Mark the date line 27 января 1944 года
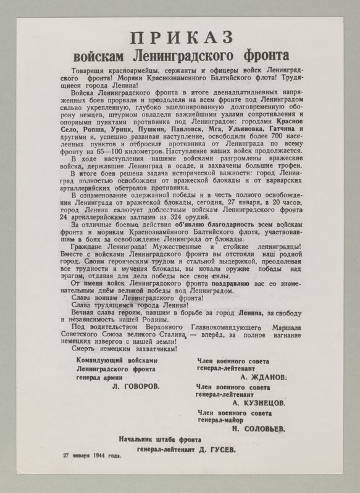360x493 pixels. tap(91, 457)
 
